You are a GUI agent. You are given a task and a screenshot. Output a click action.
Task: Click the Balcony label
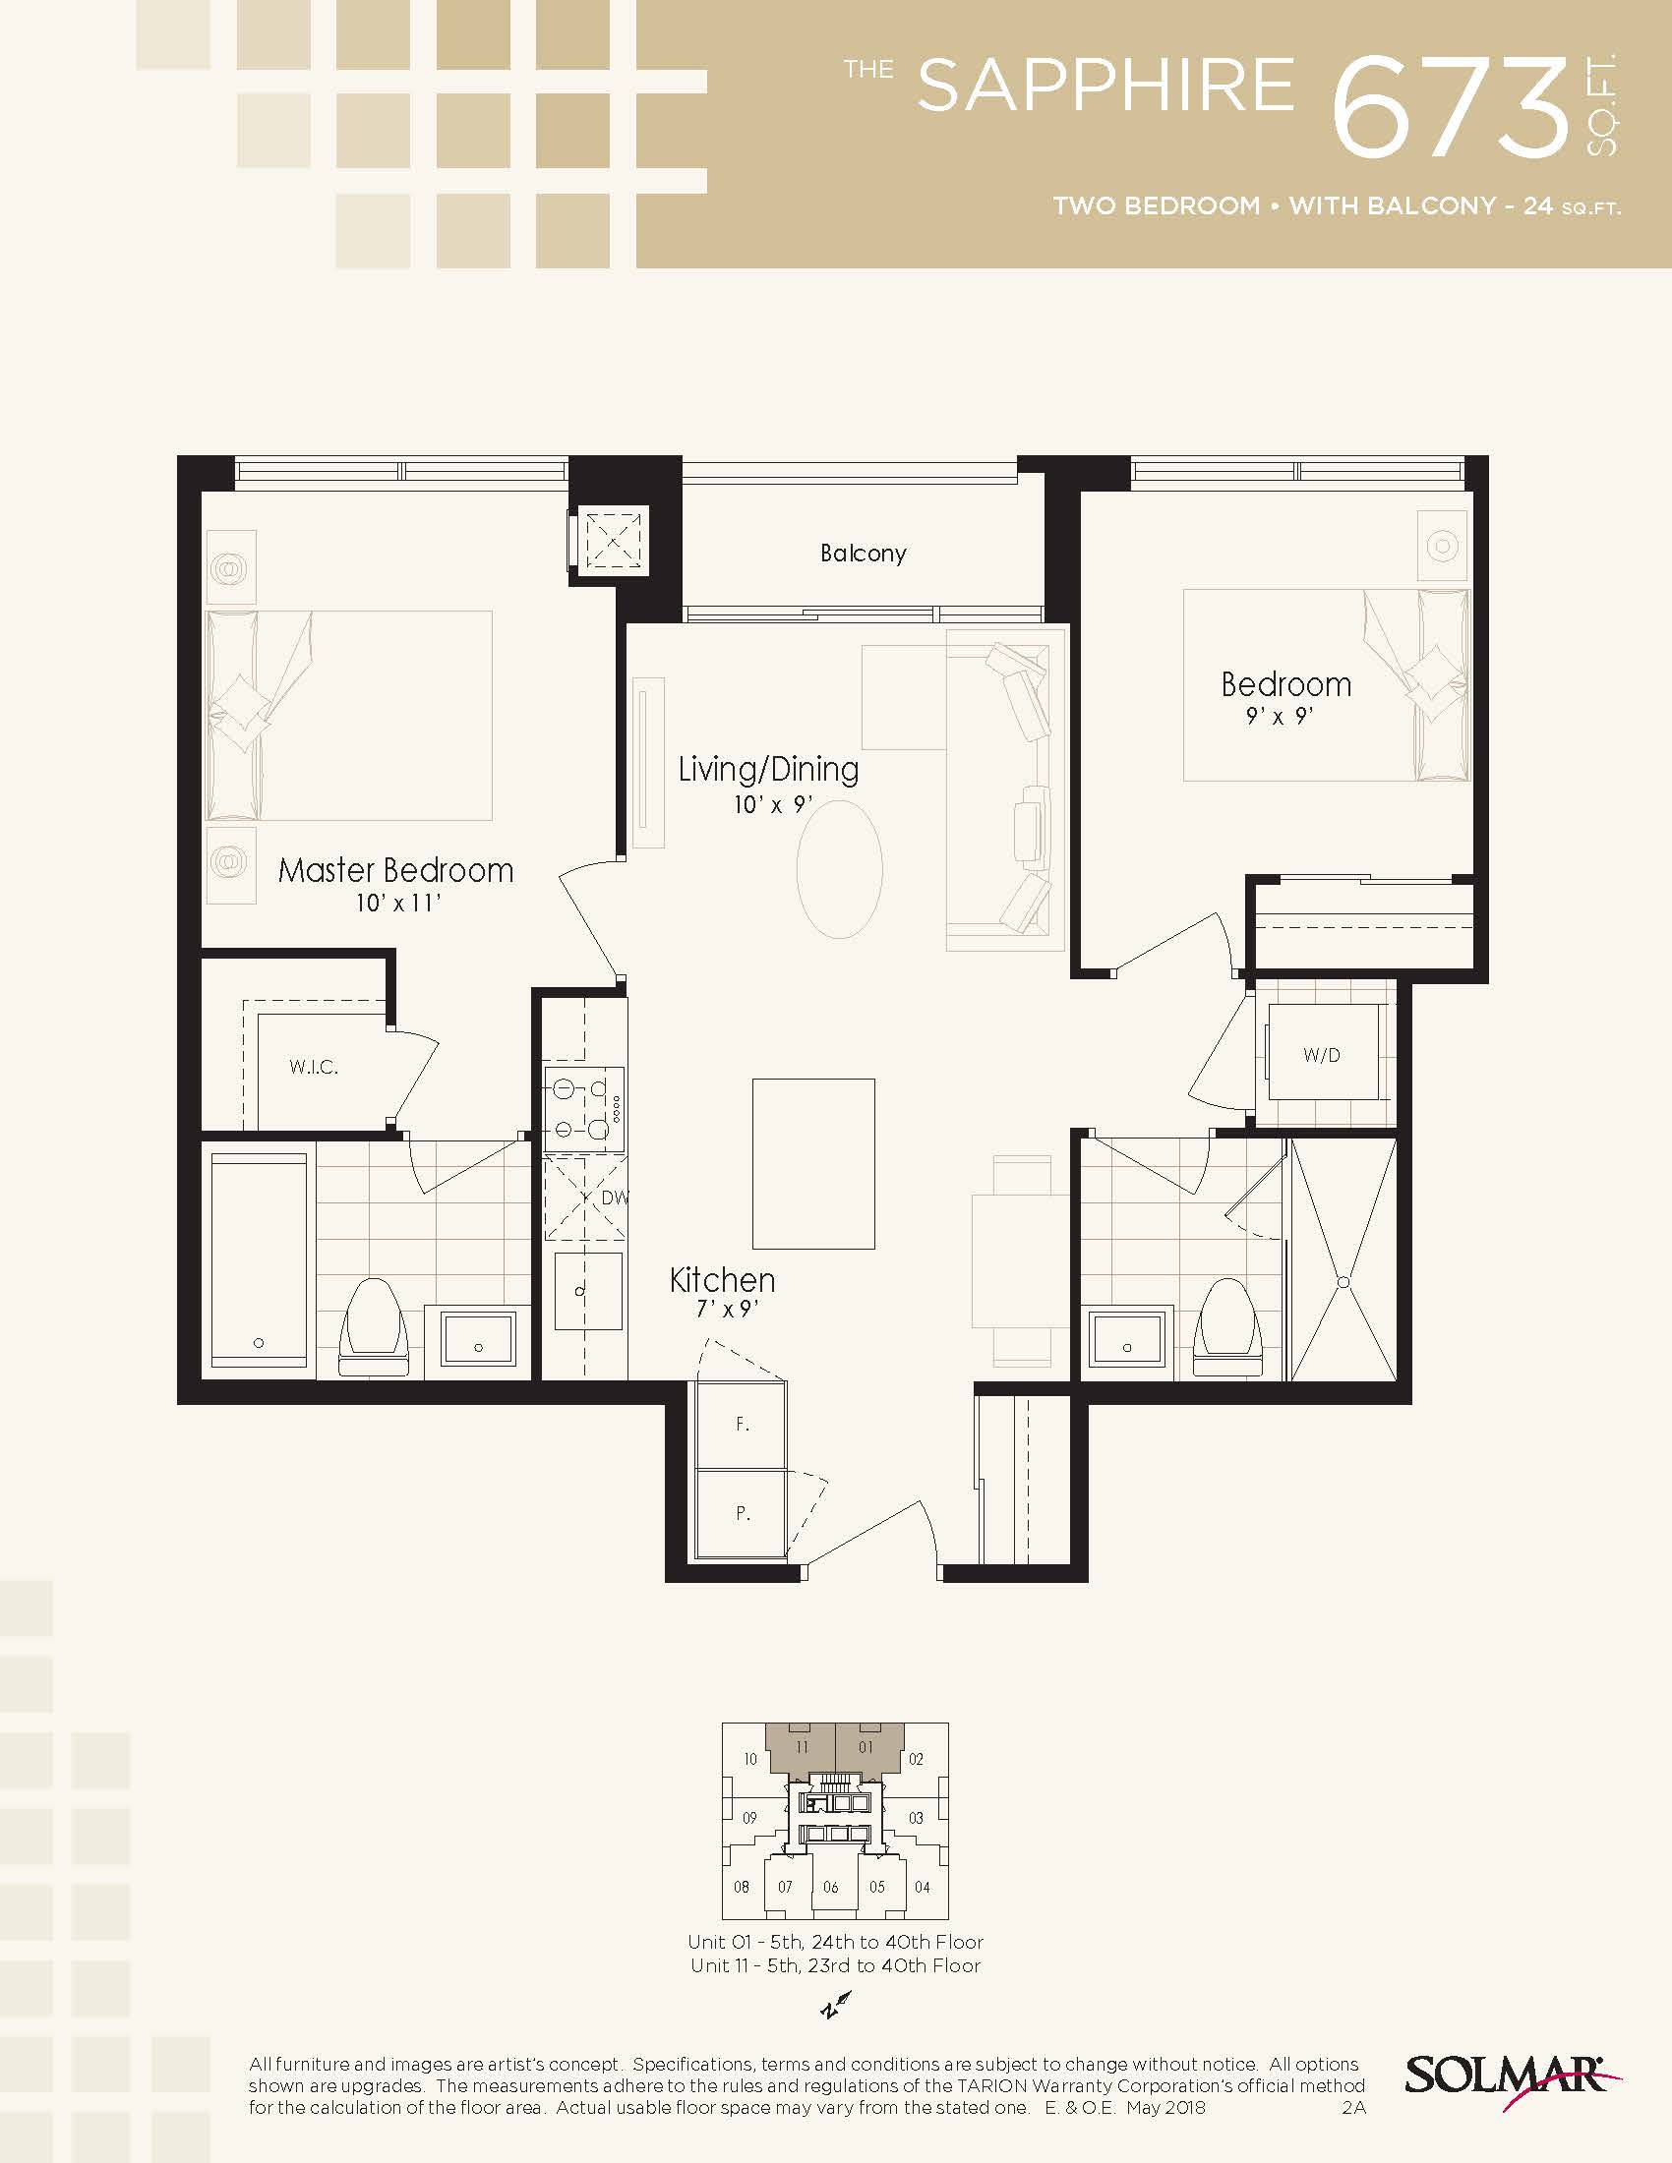tap(863, 553)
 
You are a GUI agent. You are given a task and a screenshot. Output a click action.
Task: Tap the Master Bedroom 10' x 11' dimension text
tap(397, 904)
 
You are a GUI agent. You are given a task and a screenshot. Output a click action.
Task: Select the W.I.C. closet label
tap(313, 1067)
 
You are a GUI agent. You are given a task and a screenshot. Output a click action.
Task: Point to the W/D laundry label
tap(1321, 1055)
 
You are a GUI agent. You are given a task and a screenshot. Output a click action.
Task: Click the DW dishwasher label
tap(614, 1197)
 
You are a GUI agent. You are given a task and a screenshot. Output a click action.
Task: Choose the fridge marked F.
tap(742, 1425)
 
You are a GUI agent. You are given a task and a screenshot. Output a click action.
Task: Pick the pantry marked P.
tap(742, 1513)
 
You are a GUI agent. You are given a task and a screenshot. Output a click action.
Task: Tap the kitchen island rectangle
tap(813, 1164)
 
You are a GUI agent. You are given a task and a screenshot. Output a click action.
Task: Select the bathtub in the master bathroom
tap(259, 1259)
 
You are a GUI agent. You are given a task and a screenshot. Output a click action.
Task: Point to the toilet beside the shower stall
tap(1227, 1327)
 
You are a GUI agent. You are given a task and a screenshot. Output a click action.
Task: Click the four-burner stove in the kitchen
tap(583, 1109)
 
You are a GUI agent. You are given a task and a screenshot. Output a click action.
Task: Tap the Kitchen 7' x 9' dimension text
tap(727, 1310)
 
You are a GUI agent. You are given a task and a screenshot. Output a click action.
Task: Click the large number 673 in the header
tap(1451, 106)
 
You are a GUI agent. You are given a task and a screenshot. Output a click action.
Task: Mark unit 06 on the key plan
tap(830, 1888)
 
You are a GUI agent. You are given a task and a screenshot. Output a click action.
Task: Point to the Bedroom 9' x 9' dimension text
tap(1280, 716)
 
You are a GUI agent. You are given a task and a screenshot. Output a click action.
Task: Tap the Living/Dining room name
tap(769, 770)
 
